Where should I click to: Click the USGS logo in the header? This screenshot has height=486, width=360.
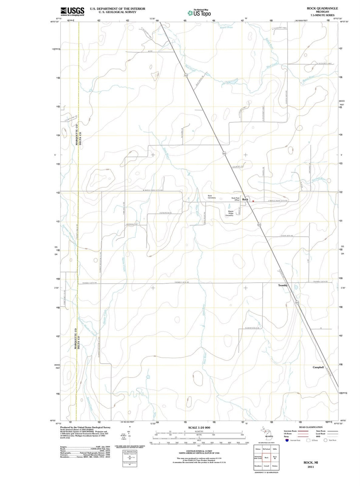72,11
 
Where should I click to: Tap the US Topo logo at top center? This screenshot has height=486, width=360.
199,13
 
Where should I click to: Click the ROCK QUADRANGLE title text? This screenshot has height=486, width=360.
322,8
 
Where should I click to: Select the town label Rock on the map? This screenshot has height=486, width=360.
245,199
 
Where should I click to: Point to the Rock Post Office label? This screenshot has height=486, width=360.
235,199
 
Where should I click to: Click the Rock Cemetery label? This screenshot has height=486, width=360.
212,197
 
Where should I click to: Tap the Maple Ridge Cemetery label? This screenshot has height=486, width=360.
230,213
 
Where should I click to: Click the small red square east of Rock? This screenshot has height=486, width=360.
253,201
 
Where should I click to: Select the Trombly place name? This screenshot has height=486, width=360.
283,286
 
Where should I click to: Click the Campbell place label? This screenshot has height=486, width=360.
318,367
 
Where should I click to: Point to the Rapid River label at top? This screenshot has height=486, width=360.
226,27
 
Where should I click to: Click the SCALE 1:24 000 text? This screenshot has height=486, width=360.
199,427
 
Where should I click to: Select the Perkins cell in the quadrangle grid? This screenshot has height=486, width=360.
275,466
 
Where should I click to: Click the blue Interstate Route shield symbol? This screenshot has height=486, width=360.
287,440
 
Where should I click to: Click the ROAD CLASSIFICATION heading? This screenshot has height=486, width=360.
311,427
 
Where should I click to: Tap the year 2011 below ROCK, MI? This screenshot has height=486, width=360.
311,467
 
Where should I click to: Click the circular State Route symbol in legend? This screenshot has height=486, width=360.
325,440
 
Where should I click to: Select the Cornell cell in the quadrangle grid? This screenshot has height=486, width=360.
266,466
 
